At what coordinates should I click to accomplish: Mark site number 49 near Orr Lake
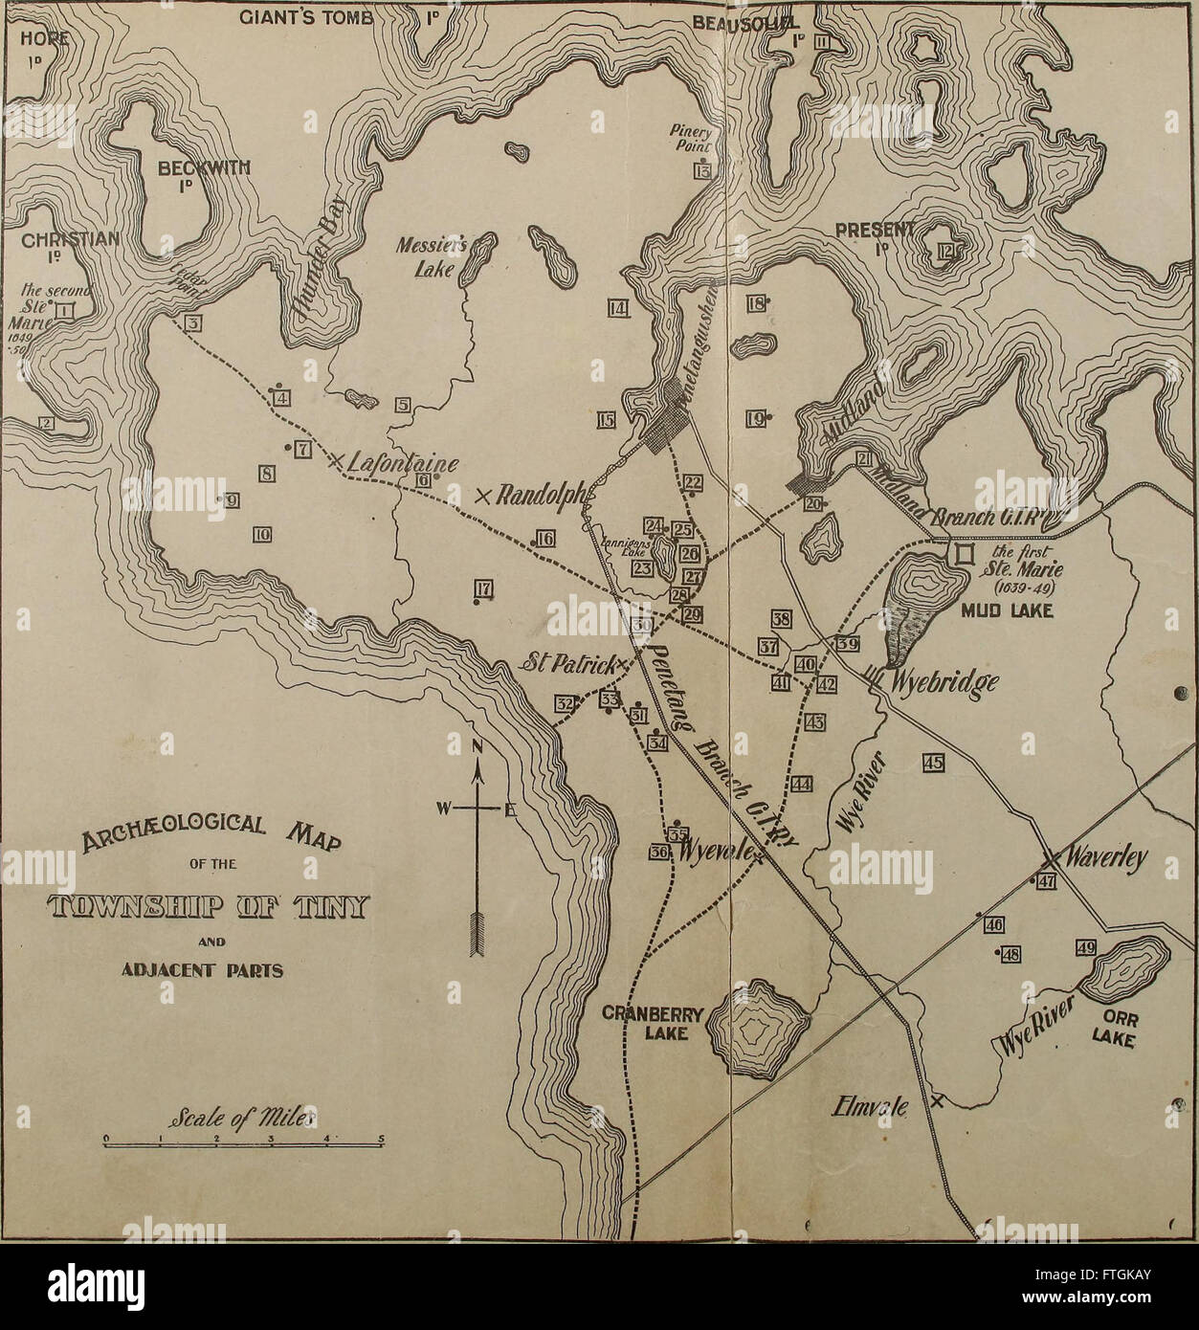point(1084,947)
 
